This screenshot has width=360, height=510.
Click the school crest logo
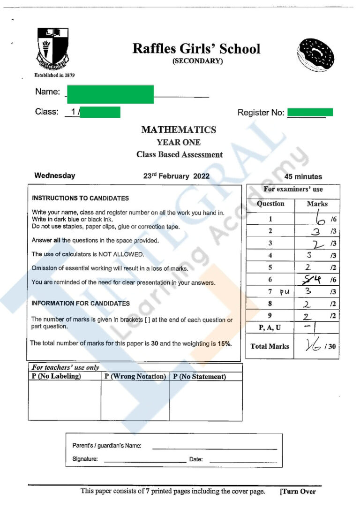53,48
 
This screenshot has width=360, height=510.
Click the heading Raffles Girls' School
196,49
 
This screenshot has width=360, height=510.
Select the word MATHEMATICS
179,130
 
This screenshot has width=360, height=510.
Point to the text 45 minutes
303,177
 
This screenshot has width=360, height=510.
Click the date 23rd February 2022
176,176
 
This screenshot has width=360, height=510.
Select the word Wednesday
54,176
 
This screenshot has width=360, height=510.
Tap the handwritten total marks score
312,346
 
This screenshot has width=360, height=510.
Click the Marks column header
317,204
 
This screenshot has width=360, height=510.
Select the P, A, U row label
269,327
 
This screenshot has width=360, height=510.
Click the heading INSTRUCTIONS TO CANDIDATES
80,198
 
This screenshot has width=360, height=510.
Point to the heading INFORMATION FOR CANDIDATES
81,304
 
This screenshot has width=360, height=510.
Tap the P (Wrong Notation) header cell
135,377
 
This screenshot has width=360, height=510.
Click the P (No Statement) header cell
200,377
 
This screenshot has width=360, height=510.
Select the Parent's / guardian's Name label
106,446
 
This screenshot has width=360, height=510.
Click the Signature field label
85,459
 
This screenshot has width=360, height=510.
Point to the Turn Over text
298,492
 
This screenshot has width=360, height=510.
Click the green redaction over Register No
310,112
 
